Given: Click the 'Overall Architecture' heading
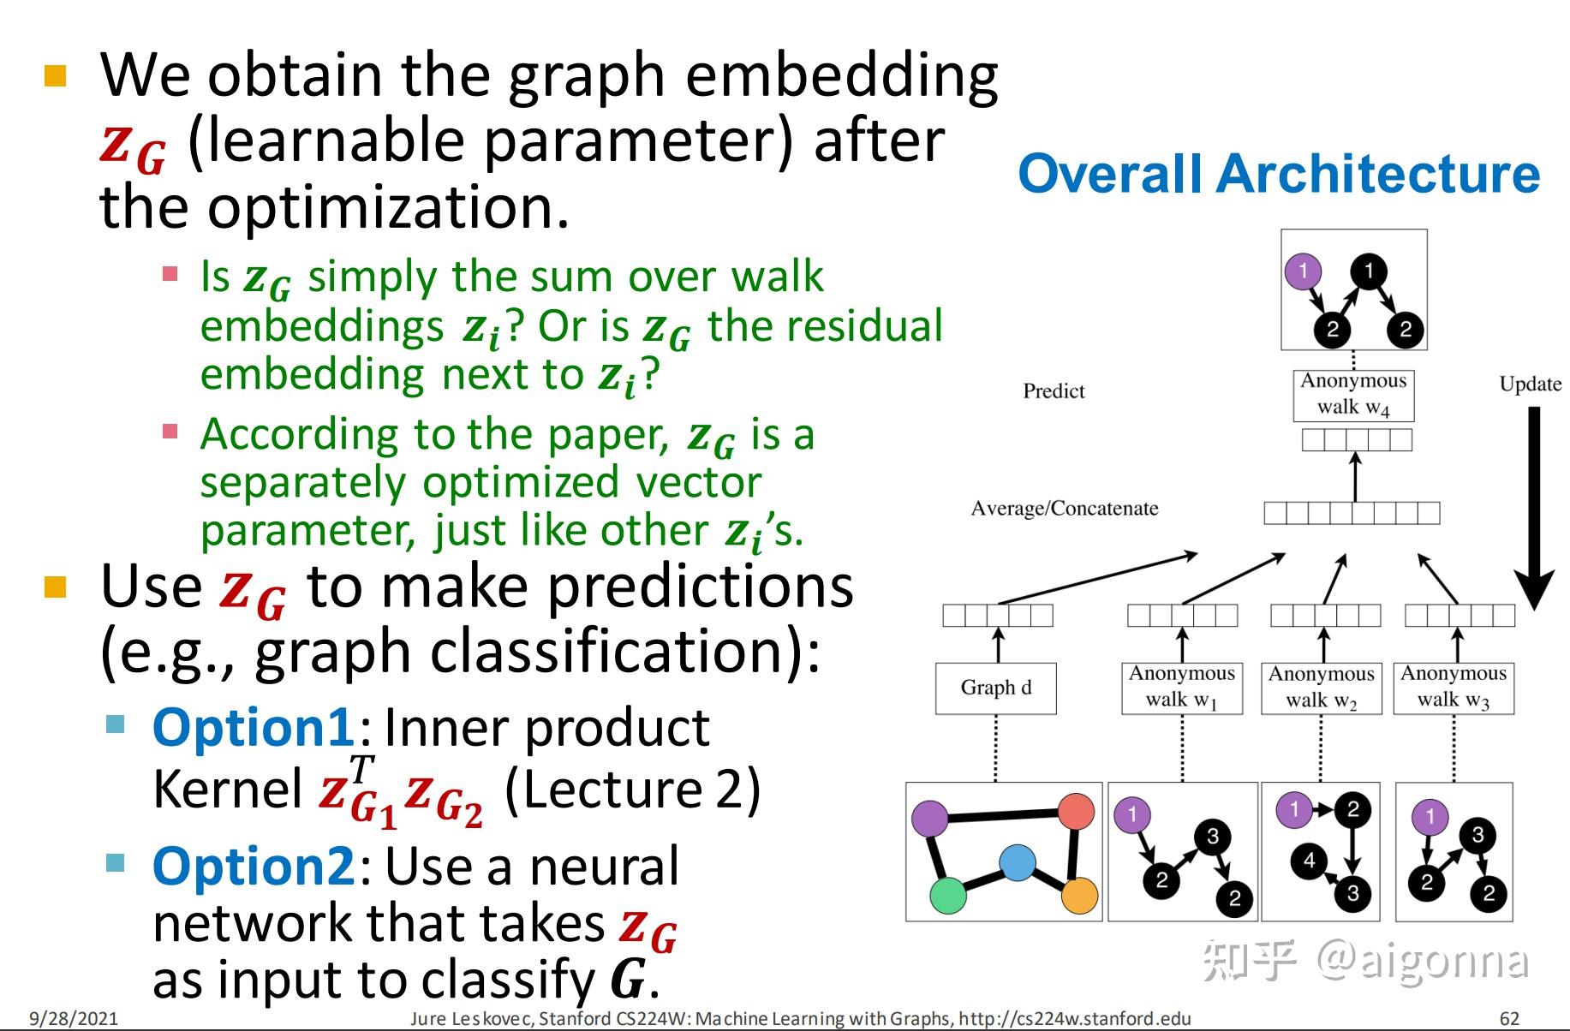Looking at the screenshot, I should click(1278, 174).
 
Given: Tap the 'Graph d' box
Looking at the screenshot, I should click(995, 688).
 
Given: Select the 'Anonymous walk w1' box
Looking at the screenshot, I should click(1181, 687).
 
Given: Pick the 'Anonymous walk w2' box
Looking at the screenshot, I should click(1321, 688).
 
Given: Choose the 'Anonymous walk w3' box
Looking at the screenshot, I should click(1454, 687).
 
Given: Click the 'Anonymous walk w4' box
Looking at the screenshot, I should click(1353, 394).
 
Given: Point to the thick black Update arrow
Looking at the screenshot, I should click(1534, 505).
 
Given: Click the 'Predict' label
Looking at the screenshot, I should click(1053, 391).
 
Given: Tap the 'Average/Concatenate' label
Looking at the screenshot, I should click(1064, 509).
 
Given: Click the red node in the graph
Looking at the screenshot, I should click(1076, 811).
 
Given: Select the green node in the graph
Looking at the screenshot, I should click(947, 896).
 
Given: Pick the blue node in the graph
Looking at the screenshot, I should click(1017, 863).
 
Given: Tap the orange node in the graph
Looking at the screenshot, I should click(1079, 896).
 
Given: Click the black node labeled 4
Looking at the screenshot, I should click(1308, 860).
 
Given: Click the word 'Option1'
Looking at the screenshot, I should click(253, 728).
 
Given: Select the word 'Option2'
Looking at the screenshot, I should click(253, 867).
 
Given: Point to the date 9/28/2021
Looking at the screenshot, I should click(74, 1019).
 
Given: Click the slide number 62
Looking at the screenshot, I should click(1509, 1019).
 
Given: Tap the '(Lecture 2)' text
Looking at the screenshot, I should click(632, 789).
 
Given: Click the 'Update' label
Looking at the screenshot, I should click(1530, 384).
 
